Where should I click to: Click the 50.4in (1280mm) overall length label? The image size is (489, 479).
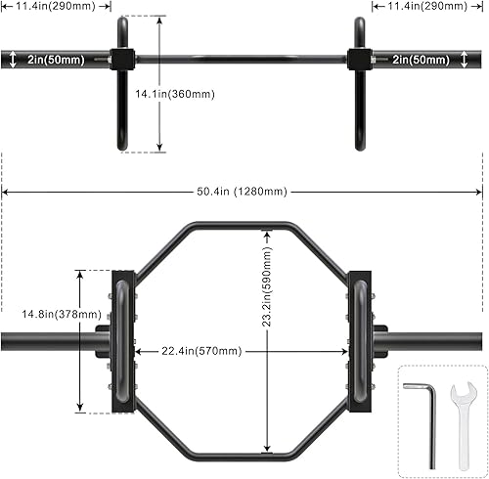pos(242,192)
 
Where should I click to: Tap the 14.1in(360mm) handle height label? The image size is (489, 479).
pos(175,94)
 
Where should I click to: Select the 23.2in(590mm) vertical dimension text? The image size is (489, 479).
pos(267,286)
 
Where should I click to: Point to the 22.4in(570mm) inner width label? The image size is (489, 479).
pos(201,351)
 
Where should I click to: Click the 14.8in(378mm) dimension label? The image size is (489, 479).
pos(62,314)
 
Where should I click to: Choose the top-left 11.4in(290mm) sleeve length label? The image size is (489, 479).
pos(56,6)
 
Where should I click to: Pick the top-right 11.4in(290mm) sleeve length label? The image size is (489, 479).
pos(427,6)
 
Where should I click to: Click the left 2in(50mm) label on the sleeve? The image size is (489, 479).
pos(56,60)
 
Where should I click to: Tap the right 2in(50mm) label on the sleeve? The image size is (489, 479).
pos(421,60)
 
